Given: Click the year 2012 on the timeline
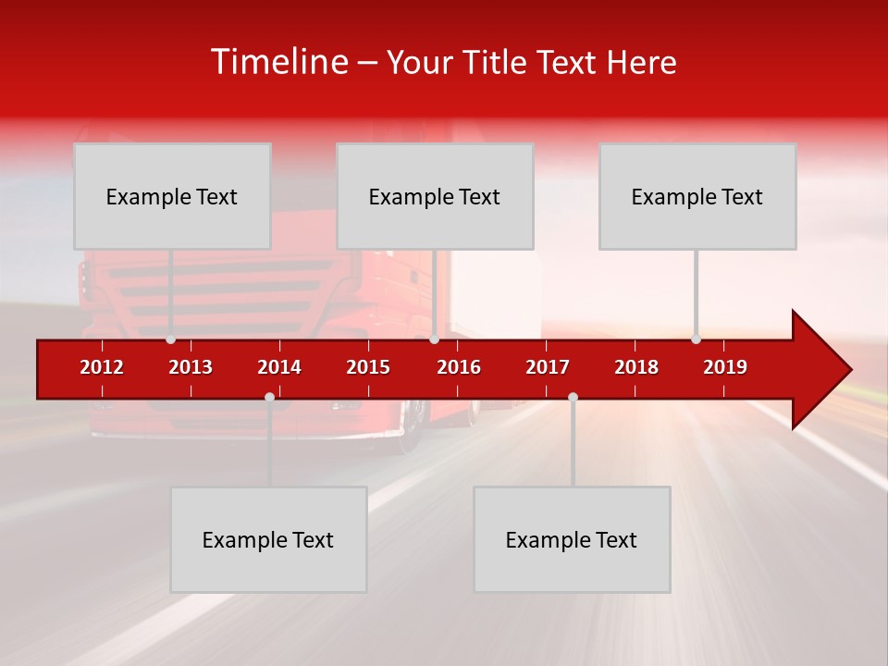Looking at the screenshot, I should tap(102, 367).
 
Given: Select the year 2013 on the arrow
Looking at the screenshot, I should tap(191, 367).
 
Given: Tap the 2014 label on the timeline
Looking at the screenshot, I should tap(279, 367).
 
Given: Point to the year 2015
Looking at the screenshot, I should tap(368, 367).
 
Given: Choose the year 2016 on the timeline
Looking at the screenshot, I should tap(459, 367).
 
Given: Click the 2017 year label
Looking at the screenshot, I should tap(548, 367).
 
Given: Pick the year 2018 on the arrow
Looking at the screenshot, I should tap(636, 367).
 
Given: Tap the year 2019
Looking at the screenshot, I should tap(725, 367).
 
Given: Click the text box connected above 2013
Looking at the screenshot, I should tap(172, 196).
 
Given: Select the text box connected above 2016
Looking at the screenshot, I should tap(435, 196).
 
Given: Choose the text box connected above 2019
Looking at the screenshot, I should tap(697, 196).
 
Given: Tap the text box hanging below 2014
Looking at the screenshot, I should tap(268, 539).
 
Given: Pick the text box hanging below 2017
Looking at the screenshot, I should tap(572, 539).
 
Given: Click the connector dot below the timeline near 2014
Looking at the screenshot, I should tap(269, 397).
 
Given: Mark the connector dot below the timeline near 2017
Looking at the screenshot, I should tap(573, 397).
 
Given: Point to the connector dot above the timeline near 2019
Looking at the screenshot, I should tap(696, 339).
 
